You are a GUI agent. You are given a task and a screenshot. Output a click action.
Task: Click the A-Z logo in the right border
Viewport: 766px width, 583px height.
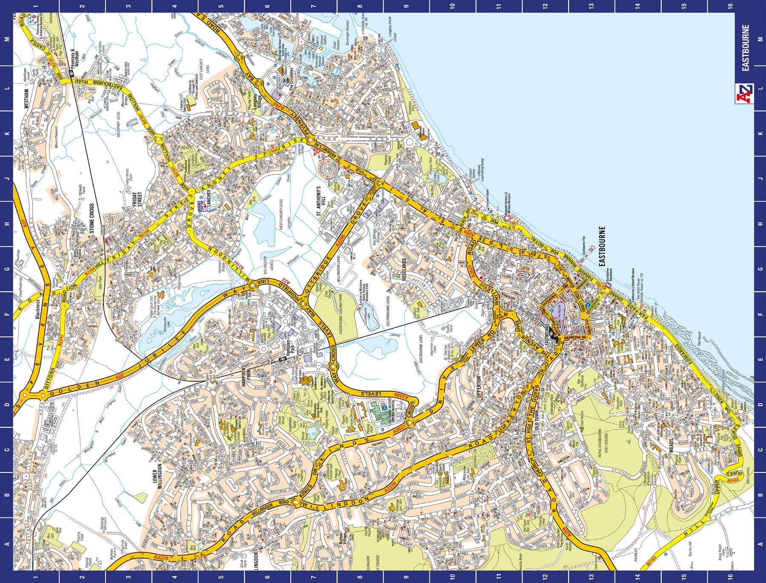[x=747, y=94]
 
